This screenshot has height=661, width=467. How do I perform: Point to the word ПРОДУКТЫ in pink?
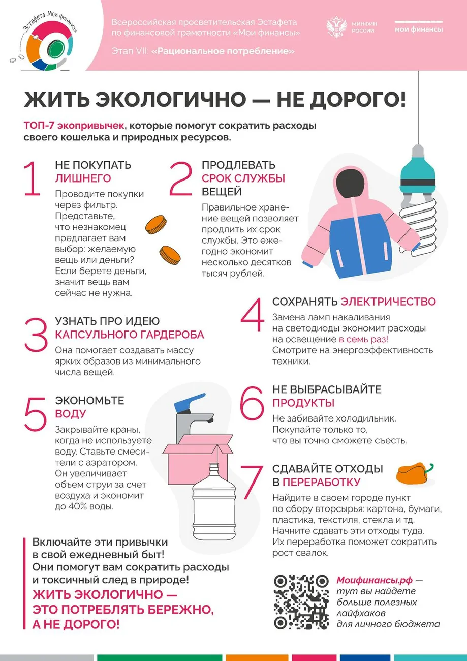303,403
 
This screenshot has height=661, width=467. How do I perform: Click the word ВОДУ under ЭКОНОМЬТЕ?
71,414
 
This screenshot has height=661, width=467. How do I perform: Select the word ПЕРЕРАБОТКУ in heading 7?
321,482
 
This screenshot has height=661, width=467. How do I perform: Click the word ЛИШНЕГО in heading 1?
83,178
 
